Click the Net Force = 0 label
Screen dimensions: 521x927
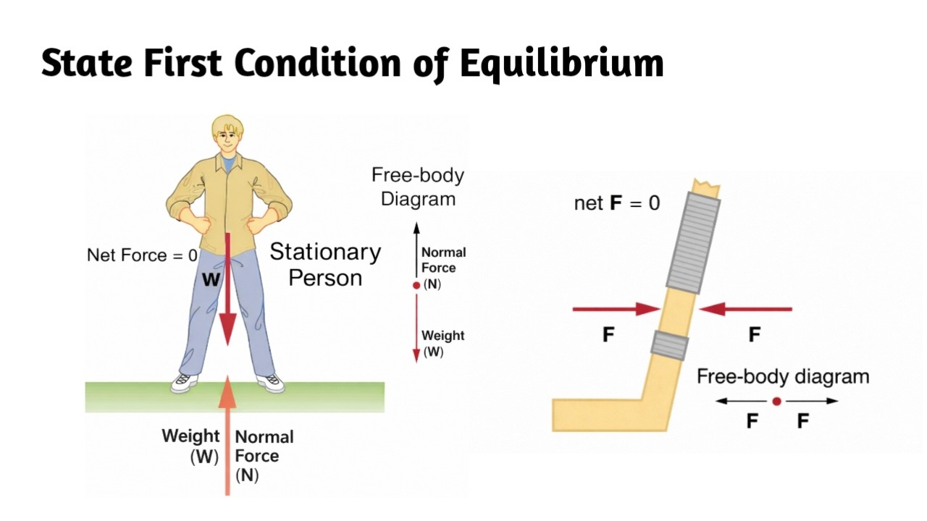tap(142, 255)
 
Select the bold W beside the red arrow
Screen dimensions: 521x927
tap(210, 280)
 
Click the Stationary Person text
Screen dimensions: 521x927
tap(325, 265)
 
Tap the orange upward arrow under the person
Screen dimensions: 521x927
tap(228, 434)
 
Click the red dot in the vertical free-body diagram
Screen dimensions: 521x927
tap(416, 285)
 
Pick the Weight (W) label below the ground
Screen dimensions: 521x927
tap(190, 446)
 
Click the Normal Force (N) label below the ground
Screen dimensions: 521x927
tap(264, 456)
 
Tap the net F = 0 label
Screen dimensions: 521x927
tap(617, 203)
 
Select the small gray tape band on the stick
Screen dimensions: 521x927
tap(670, 344)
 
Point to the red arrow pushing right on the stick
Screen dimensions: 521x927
tap(616, 310)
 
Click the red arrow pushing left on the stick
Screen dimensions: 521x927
tap(746, 310)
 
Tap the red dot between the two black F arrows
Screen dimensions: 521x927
tap(776, 401)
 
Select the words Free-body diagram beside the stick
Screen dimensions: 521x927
tap(782, 376)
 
